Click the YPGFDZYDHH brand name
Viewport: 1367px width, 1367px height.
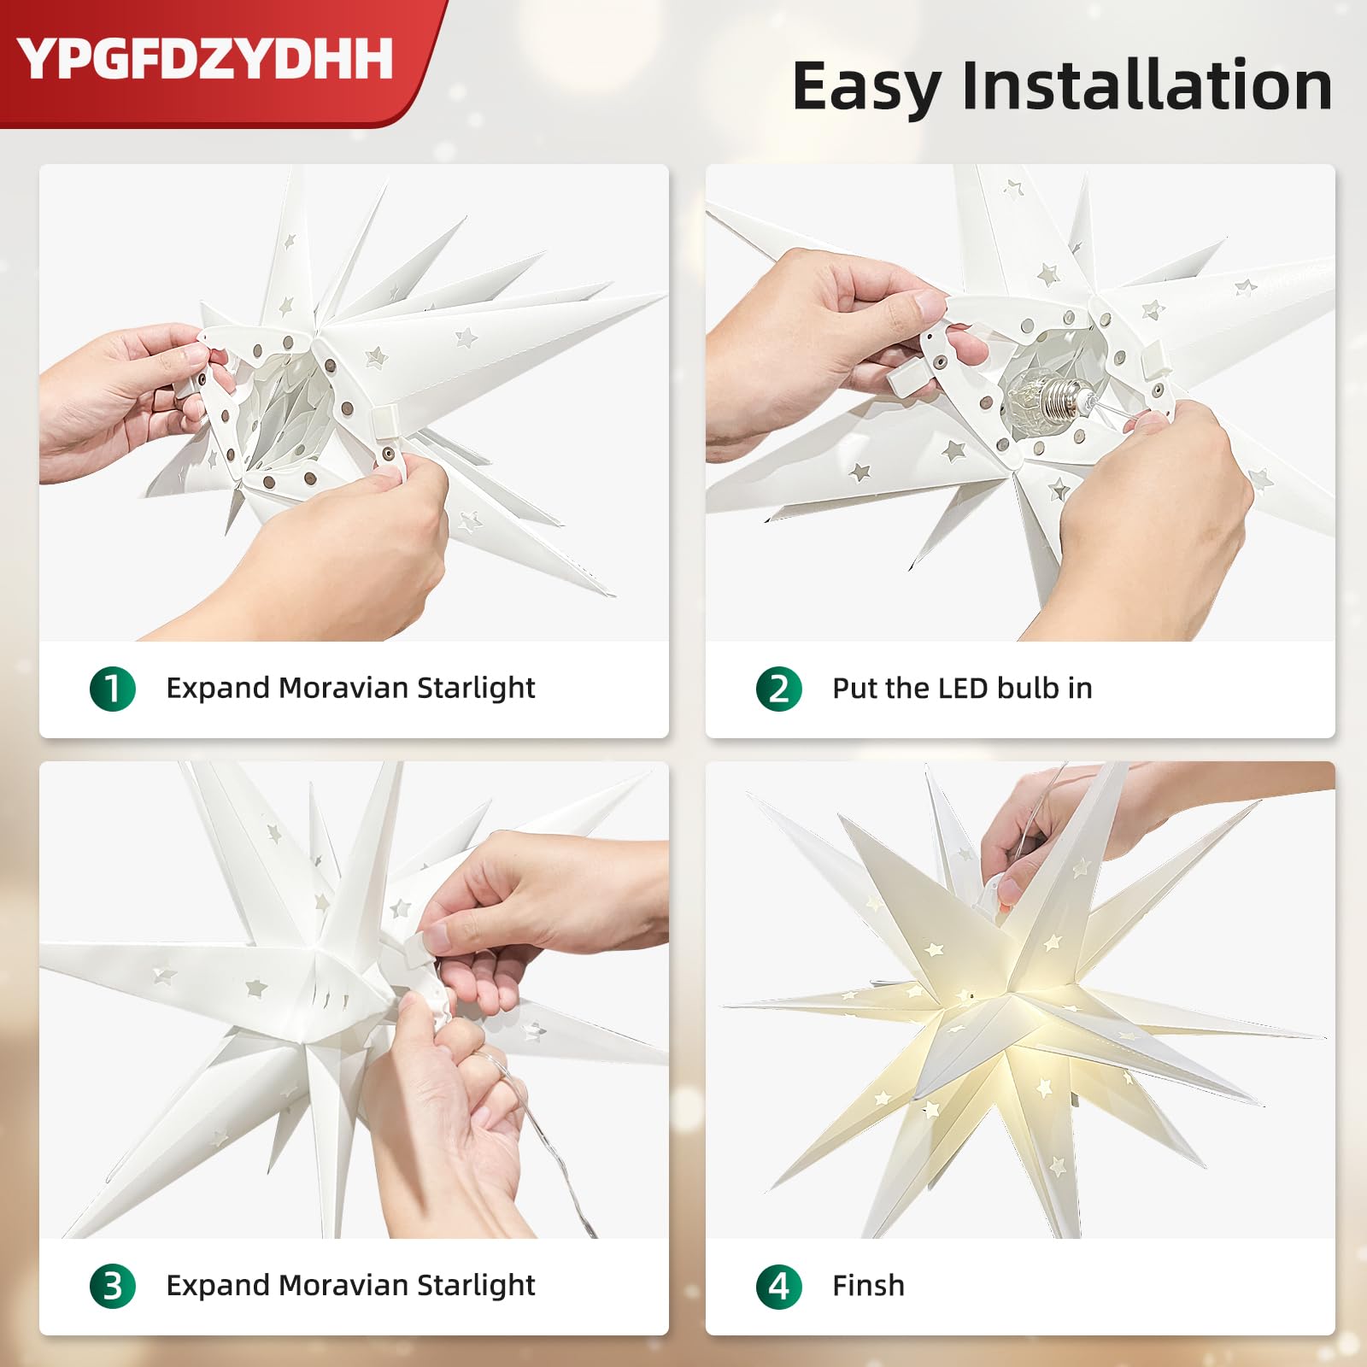point(205,58)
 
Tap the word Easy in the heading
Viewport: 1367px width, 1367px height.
point(866,87)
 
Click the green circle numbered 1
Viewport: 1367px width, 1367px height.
point(113,689)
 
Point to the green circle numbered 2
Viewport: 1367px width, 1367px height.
point(779,689)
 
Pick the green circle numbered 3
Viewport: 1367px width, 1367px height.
point(113,1286)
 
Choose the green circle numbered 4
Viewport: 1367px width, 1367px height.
point(779,1286)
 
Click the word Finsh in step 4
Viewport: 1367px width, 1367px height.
point(868,1285)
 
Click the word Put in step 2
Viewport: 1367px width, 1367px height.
point(854,688)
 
